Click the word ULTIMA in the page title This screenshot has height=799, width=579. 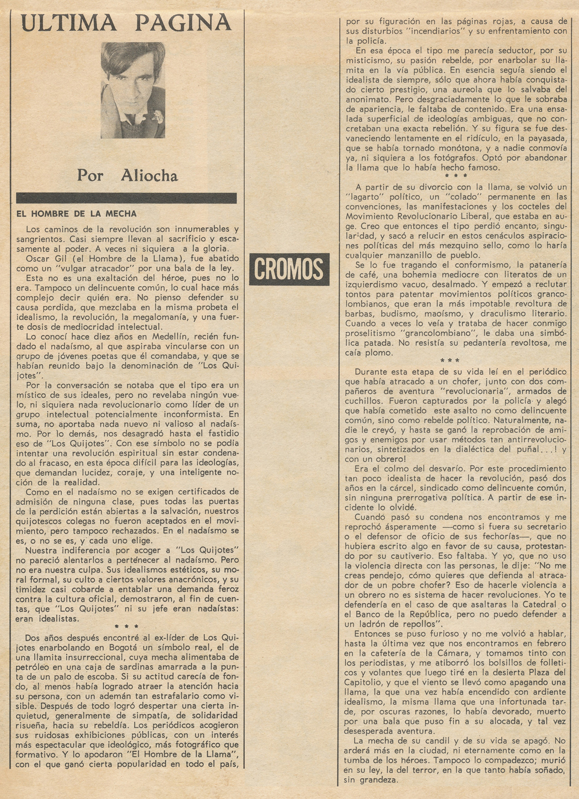[69, 23]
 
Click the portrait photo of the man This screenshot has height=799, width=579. [133, 90]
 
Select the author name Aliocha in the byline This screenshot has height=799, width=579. [149, 175]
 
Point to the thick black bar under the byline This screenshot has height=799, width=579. [126, 198]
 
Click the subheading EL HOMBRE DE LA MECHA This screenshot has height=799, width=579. [77, 214]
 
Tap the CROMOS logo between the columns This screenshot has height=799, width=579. [289, 269]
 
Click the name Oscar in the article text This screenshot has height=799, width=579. [38, 258]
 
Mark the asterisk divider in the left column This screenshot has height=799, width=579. [126, 626]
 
